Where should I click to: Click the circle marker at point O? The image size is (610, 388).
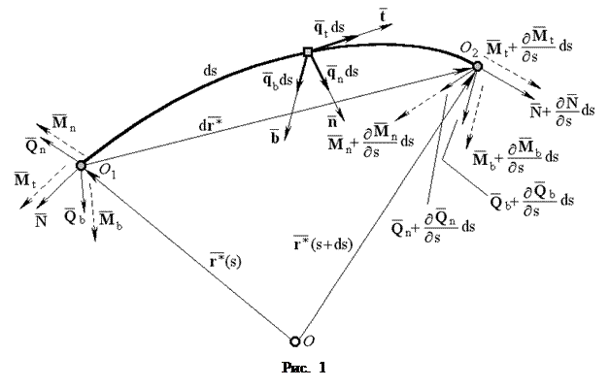coord(295,340)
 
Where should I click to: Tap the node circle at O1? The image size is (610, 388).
coord(81,165)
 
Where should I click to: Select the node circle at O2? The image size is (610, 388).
coord(477,66)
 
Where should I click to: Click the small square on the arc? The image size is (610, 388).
coord(307,51)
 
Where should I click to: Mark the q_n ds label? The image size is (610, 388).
coord(342,71)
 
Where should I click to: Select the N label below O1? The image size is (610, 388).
coord(41,222)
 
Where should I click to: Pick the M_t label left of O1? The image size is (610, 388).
coord(24,180)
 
